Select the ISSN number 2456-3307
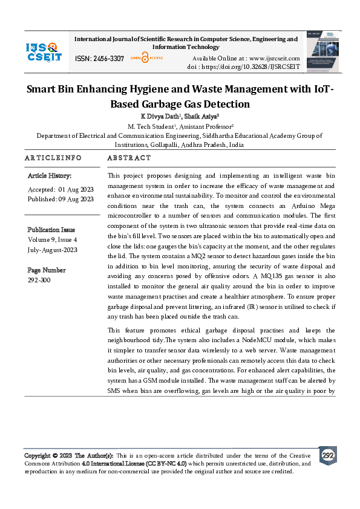point(108,59)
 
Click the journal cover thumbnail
point(321,52)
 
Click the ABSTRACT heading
point(128,158)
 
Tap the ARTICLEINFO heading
point(53,158)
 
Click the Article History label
point(50,176)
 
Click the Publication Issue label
point(51,230)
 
